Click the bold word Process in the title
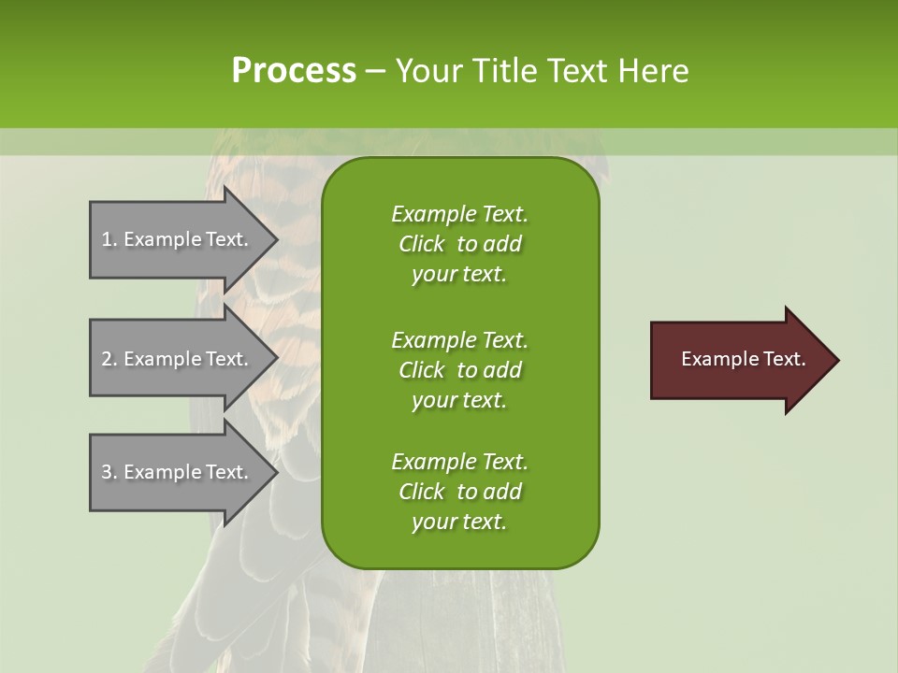pyautogui.click(x=294, y=71)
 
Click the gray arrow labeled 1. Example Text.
pyautogui.click(x=178, y=239)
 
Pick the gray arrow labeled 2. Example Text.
pyautogui.click(x=178, y=359)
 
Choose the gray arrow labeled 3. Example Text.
pyautogui.click(x=178, y=472)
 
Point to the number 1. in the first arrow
pyautogui.click(x=109, y=239)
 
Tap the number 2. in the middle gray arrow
pyautogui.click(x=109, y=359)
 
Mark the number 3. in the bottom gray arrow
pyautogui.click(x=109, y=472)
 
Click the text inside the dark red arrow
pyautogui.click(x=744, y=359)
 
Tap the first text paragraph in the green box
pyautogui.click(x=459, y=244)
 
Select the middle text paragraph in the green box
pyautogui.click(x=459, y=369)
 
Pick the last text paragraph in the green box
pyautogui.click(x=459, y=492)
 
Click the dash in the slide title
pyautogui.click(x=376, y=72)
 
